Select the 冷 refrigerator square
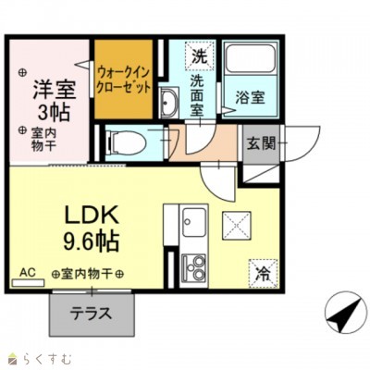264,273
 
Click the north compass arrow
343,317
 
